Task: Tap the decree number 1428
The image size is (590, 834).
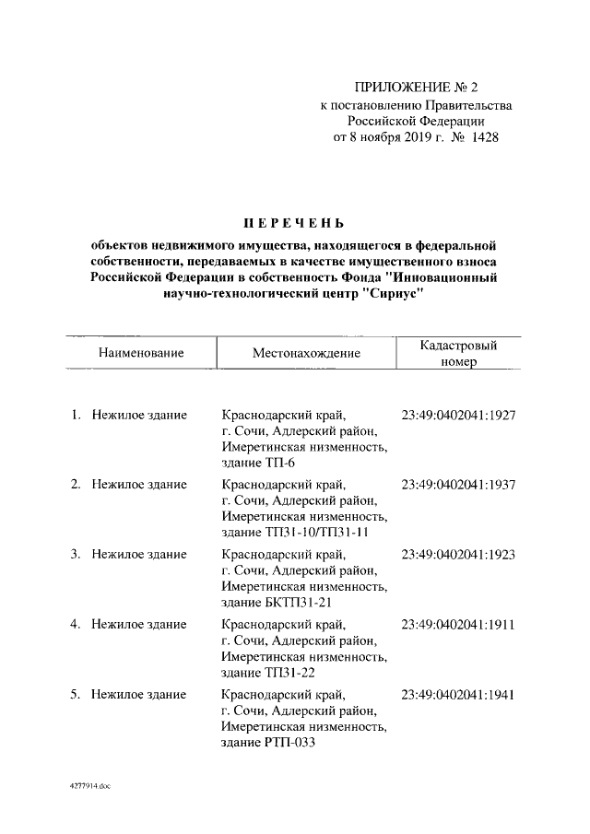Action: (x=488, y=138)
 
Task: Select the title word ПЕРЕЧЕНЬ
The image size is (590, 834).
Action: (x=293, y=222)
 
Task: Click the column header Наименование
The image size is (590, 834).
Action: (x=142, y=352)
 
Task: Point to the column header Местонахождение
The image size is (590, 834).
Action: (x=305, y=353)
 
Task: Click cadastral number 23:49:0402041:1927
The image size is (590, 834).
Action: (x=458, y=415)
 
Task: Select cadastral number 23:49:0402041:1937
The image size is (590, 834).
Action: (x=458, y=485)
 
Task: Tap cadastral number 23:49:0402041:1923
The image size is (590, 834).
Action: (x=458, y=555)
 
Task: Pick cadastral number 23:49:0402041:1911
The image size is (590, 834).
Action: (x=458, y=625)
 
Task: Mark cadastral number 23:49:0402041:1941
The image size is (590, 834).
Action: (x=458, y=695)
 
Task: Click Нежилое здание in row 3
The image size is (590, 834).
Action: (x=139, y=555)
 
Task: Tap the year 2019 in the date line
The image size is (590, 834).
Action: (x=418, y=138)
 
